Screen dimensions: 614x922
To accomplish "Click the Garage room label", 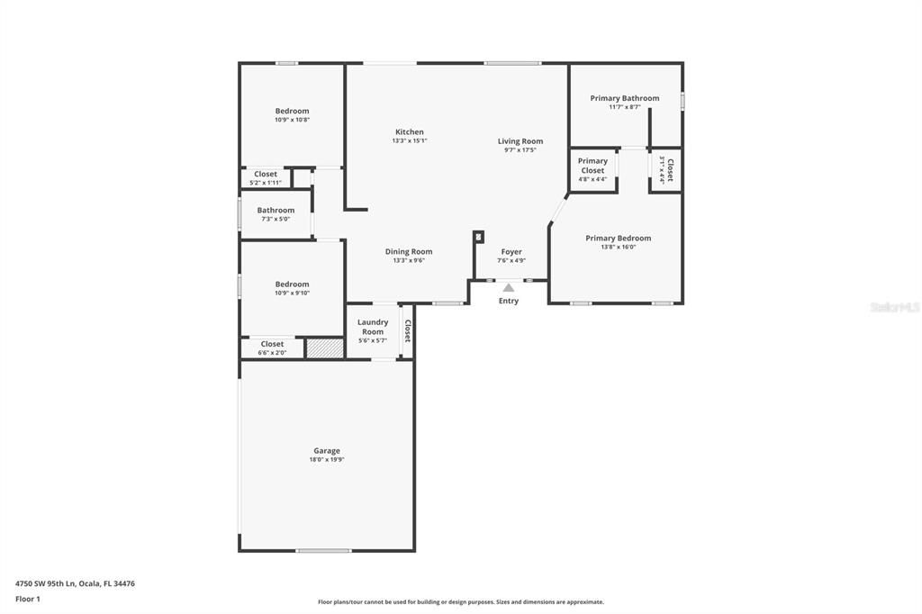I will pos(326,451).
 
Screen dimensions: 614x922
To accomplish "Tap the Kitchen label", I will pos(409,132).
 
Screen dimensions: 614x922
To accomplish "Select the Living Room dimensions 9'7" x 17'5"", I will pos(520,150).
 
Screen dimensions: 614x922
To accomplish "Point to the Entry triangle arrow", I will pos(509,287).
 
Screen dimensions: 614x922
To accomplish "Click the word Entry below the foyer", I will pos(509,301).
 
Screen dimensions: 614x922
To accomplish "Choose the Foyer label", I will pos(511,252).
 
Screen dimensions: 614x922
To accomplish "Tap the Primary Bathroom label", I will pos(624,98).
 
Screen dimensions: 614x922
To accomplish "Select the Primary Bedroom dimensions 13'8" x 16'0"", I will pos(618,248).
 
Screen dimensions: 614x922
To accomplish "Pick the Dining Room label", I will pos(409,252).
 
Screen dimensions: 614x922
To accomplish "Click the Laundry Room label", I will pos(373,326).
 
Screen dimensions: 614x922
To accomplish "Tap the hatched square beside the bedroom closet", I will pos(324,348).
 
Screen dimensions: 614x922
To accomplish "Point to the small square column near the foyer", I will pos(479,237).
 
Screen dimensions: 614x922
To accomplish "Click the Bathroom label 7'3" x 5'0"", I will pos(276,211).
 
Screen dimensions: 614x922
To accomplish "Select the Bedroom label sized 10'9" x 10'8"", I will pos(292,111).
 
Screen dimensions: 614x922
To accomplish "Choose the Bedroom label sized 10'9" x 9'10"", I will pos(292,284).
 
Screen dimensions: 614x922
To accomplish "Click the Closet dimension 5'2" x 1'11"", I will pos(266,183).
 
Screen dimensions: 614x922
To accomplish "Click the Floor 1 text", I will pos(28,599).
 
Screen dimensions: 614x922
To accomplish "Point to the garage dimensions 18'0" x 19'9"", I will pos(326,460).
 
